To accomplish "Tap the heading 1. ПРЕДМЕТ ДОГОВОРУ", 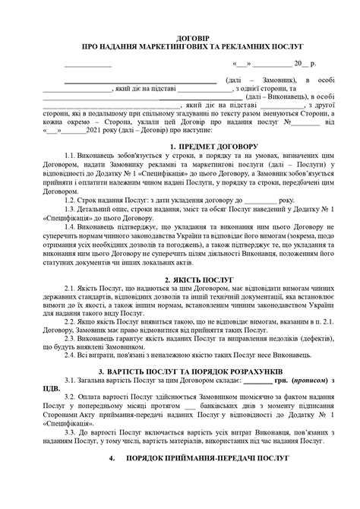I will [194, 145].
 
